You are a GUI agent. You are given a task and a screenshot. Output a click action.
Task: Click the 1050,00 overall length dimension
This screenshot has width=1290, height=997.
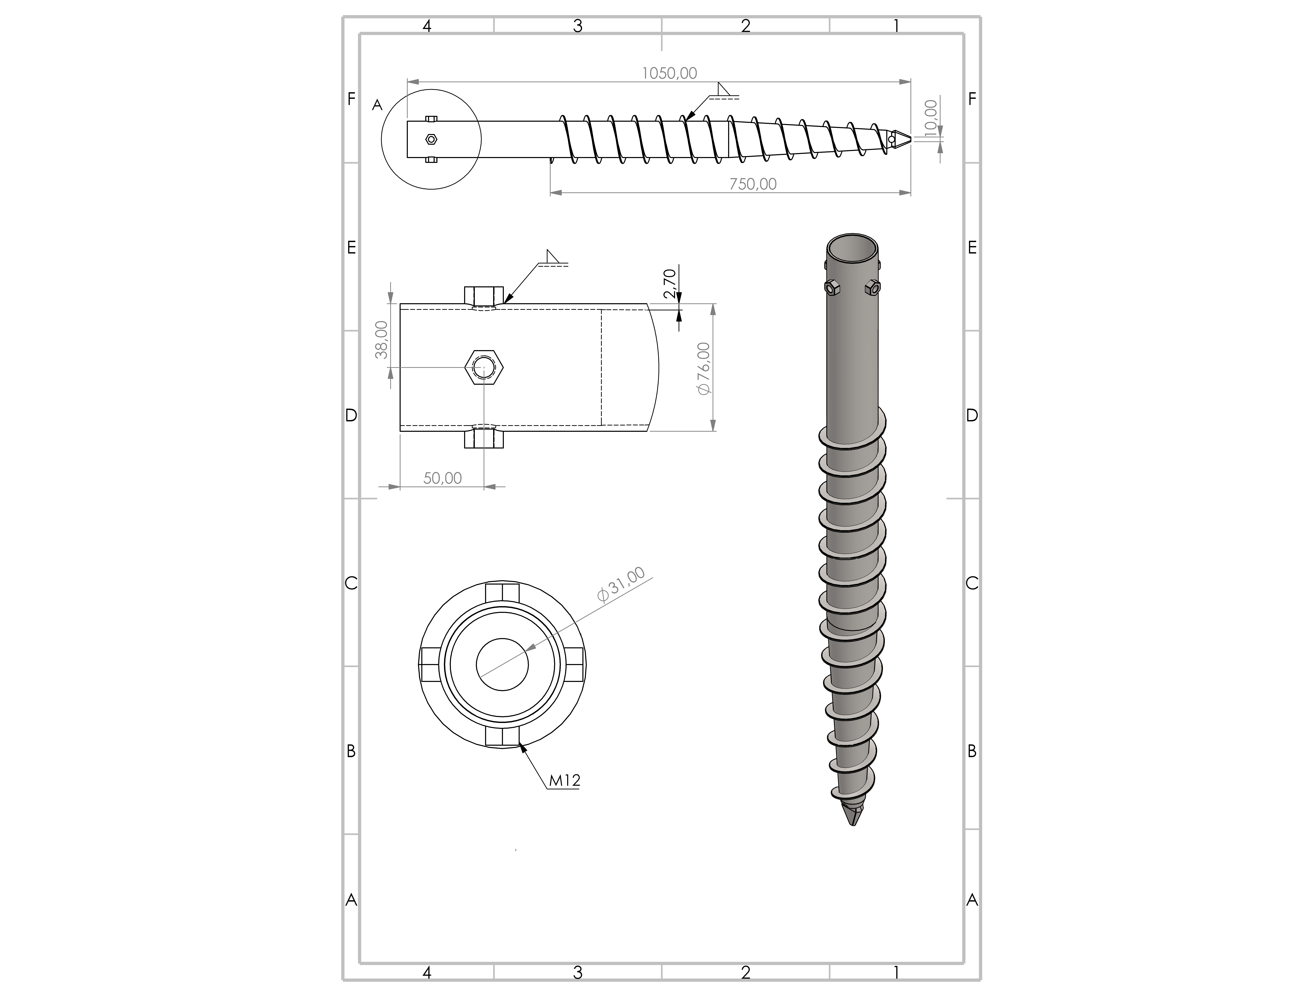[x=669, y=73]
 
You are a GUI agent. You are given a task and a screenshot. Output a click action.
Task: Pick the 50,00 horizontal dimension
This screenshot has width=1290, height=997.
[x=442, y=478]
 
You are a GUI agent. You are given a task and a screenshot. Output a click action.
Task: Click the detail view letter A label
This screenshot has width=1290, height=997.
[x=377, y=105]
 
